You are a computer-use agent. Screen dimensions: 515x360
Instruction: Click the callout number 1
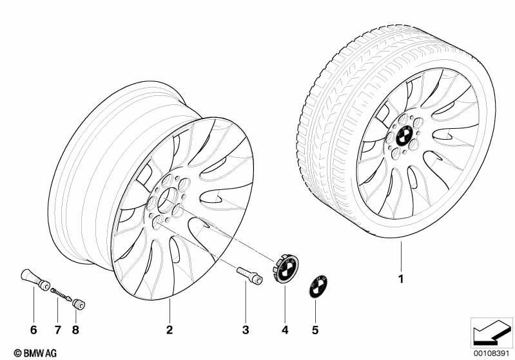[x=400, y=279]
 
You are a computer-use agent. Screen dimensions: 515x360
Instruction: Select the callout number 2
[x=170, y=330]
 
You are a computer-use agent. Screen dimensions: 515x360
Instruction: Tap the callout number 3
[x=246, y=330]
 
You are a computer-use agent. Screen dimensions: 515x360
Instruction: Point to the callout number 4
[x=285, y=330]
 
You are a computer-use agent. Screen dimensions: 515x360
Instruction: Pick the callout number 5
[x=315, y=330]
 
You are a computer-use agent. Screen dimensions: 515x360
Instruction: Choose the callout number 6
[x=34, y=330]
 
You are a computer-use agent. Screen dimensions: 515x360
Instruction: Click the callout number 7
[x=58, y=330]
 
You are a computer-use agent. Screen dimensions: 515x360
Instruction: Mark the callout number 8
[x=75, y=330]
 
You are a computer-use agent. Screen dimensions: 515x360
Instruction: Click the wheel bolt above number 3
[x=249, y=276]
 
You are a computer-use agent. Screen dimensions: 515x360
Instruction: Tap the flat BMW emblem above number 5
[x=318, y=286]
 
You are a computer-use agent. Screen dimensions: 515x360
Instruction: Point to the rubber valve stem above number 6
[x=35, y=279]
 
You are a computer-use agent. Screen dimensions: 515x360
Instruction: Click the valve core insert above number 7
[x=61, y=294]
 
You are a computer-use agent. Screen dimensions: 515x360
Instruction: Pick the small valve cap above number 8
[x=79, y=304]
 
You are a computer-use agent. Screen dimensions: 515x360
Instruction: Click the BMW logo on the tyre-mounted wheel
[x=404, y=135]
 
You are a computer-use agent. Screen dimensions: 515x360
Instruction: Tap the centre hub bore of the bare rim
[x=168, y=200]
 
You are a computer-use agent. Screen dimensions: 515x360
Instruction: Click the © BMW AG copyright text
[x=35, y=353]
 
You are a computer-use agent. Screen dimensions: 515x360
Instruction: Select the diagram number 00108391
[x=491, y=353]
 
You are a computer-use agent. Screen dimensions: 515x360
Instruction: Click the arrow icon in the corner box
[x=491, y=332]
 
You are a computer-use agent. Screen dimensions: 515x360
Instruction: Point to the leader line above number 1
[x=401, y=256]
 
